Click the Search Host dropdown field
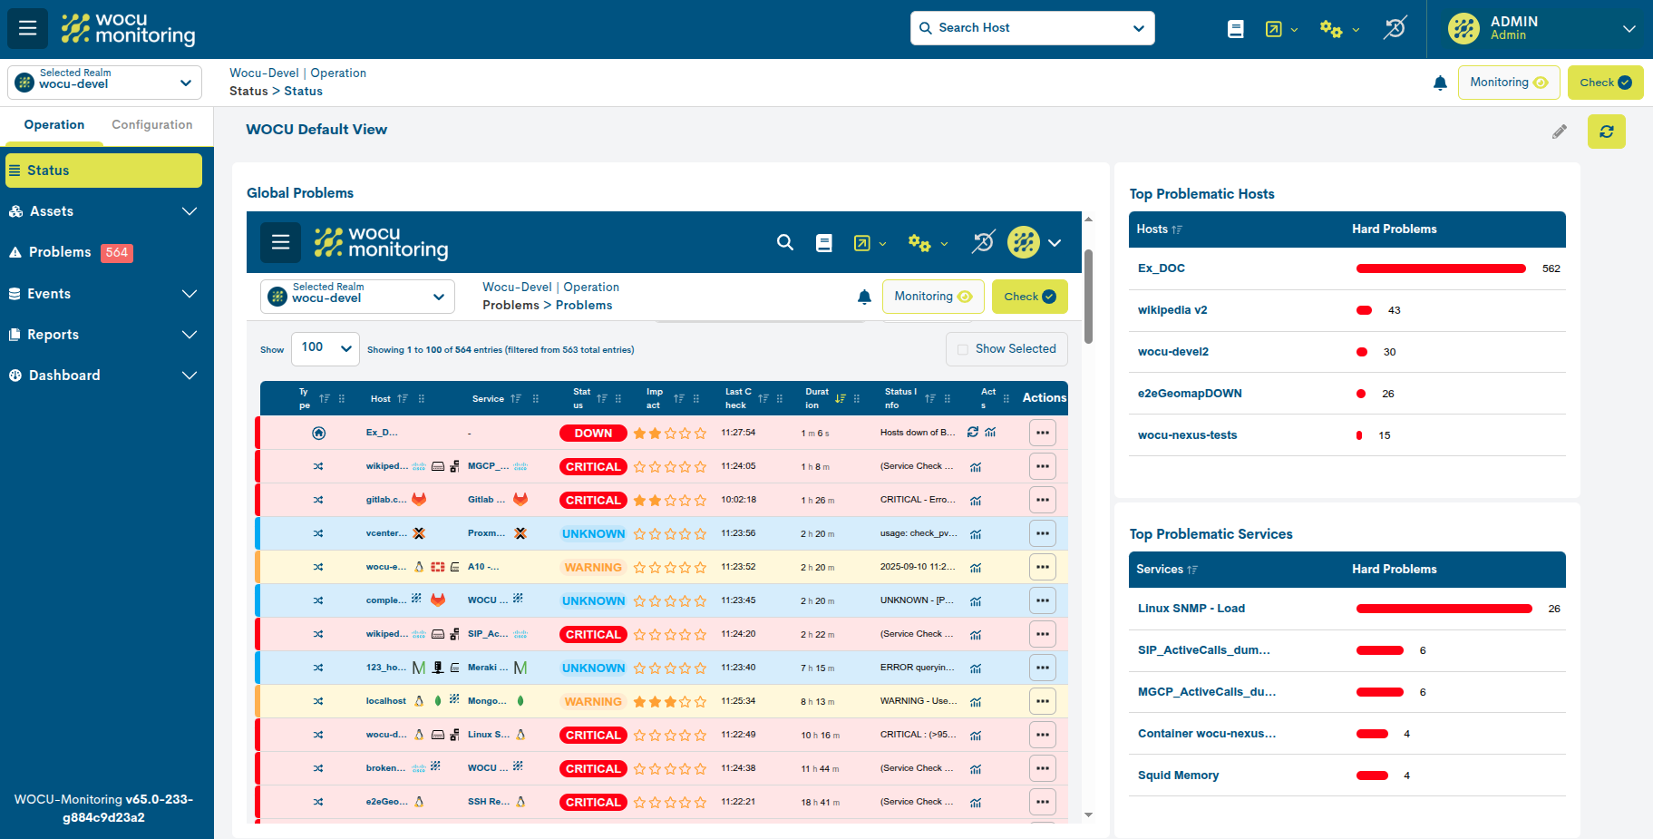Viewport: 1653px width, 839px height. tap(1032, 28)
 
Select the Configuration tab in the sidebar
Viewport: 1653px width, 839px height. tap(151, 125)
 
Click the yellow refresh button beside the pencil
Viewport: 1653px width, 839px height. tap(1606, 132)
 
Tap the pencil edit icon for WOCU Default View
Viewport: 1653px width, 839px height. tap(1559, 132)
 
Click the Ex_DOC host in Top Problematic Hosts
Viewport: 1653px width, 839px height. tap(1161, 268)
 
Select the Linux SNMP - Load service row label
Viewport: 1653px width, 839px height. tap(1191, 609)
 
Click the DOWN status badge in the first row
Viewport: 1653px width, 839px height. tap(593, 434)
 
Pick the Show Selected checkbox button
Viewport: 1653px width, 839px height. tap(1006, 349)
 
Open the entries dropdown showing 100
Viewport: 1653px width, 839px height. tap(325, 348)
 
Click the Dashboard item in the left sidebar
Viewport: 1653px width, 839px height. tap(63, 376)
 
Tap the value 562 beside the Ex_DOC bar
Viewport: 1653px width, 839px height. tap(1551, 268)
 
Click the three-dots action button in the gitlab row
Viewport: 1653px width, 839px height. tap(1042, 500)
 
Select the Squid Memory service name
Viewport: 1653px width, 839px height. tap(1178, 776)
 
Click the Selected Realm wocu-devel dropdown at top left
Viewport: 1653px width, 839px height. tap(104, 83)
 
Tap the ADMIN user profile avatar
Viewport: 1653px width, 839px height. tap(1463, 29)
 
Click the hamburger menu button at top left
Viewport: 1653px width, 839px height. tap(28, 28)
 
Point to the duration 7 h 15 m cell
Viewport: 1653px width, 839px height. tap(816, 668)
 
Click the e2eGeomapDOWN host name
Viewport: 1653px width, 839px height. tap(1189, 394)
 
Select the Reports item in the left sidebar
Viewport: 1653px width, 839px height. tap(53, 335)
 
